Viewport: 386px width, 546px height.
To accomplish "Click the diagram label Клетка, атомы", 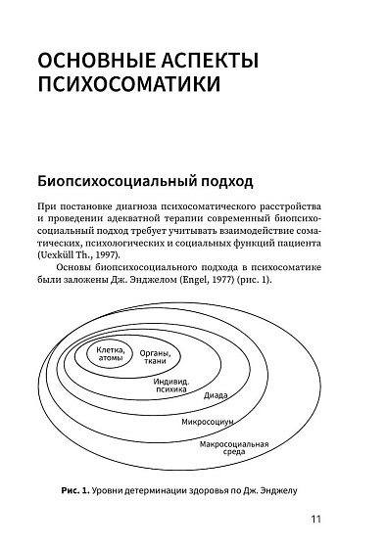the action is pos(113,355).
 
